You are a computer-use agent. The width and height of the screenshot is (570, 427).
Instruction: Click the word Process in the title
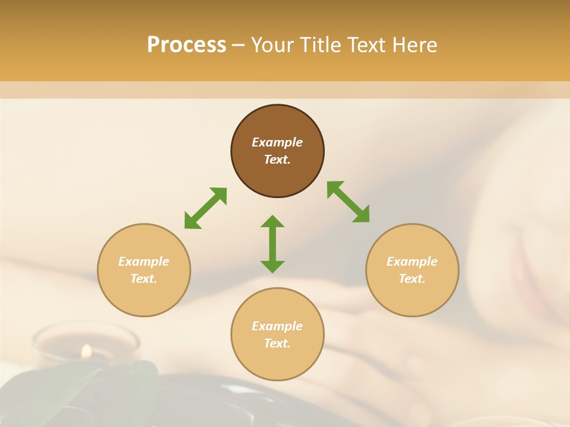coord(186,45)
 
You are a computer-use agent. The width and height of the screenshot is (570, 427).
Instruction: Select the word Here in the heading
coord(415,45)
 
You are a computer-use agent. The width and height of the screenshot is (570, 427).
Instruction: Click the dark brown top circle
coord(277,172)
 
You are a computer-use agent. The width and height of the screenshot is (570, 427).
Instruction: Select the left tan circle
coord(144,297)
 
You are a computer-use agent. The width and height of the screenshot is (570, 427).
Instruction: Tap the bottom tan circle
coord(277,362)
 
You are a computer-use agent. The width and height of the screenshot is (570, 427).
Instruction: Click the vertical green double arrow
coord(273,244)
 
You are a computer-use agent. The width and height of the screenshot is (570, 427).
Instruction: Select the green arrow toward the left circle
coord(205,208)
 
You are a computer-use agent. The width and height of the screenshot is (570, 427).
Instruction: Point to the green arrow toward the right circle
coord(349,202)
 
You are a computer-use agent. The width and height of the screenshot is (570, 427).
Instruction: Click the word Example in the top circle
coord(277,142)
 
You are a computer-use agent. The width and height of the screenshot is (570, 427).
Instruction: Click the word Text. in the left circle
coord(144,279)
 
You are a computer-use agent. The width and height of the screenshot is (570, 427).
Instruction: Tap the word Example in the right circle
coord(412,262)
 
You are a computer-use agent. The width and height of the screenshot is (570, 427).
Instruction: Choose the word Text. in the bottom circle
coord(277,343)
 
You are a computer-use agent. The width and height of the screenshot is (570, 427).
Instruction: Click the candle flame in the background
coord(87,352)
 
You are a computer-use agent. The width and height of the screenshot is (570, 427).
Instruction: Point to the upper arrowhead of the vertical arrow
coord(273,222)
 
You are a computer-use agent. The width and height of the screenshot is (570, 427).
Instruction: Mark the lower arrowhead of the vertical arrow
coord(273,266)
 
